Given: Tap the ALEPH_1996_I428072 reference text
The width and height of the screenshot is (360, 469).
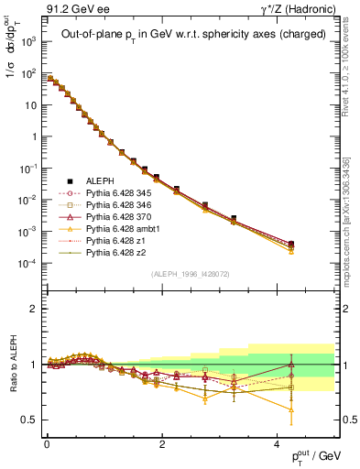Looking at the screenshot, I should point(190,273).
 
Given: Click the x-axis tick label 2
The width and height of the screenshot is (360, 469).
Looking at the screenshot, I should point(162,443).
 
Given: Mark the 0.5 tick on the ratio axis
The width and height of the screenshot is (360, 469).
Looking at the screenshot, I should point(33,420).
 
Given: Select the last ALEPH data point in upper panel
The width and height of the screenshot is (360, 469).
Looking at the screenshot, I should point(291,244).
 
